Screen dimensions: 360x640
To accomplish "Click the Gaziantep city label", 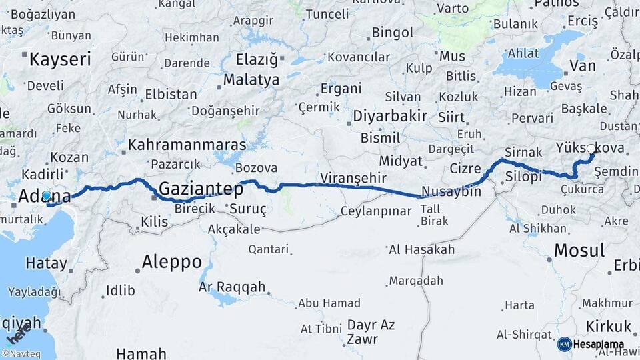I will (x=201, y=189).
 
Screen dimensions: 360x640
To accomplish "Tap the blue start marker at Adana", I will (x=46, y=196).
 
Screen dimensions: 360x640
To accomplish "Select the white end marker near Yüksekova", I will (x=591, y=149).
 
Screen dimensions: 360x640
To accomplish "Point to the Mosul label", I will (x=579, y=251).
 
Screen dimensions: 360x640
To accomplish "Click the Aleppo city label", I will (x=171, y=262).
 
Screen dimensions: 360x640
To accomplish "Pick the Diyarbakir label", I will (x=389, y=115).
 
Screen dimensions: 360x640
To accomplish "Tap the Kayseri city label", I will (x=60, y=59).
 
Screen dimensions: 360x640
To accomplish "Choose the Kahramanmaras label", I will (x=187, y=145).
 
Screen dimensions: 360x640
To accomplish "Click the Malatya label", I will (x=251, y=80).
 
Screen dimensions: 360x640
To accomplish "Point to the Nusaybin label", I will (x=451, y=191).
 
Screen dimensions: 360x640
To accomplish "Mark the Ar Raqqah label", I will (x=232, y=287).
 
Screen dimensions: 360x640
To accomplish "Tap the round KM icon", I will (x=564, y=345).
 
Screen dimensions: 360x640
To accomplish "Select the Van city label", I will (x=583, y=65).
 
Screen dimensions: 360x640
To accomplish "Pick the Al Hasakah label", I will (x=421, y=250).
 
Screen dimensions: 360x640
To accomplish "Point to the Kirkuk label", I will (x=608, y=326).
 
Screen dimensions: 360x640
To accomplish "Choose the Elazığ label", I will (x=257, y=59).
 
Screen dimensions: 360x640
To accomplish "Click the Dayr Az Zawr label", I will (x=371, y=331).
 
